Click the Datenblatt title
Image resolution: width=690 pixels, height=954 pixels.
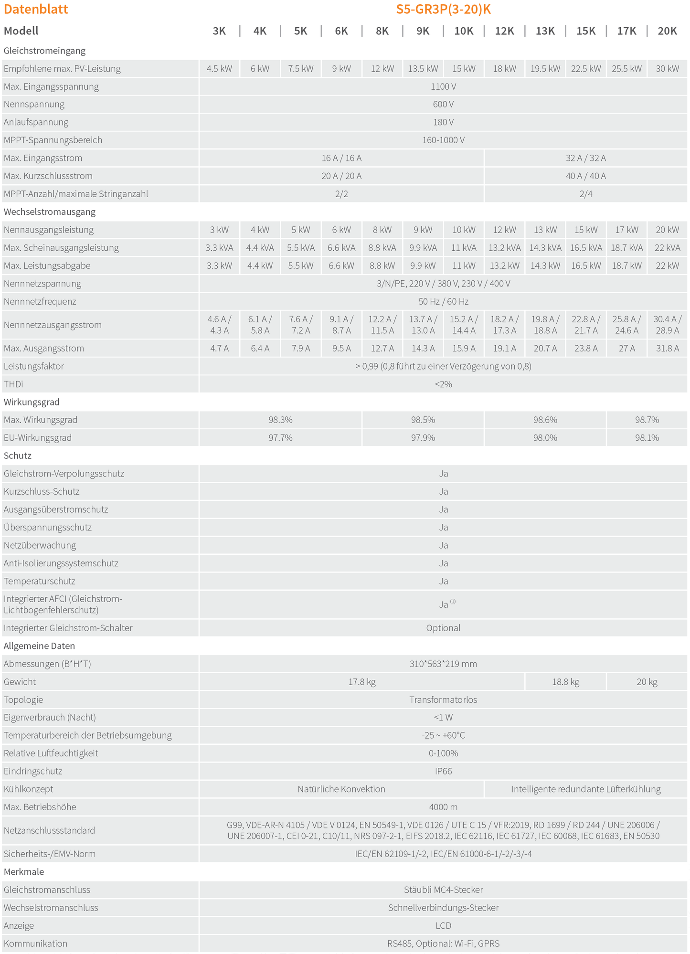[36, 10]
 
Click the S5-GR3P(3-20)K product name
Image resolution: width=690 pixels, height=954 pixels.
[443, 10]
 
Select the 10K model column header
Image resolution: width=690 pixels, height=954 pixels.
[464, 31]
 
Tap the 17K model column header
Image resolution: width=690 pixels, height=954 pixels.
[626, 31]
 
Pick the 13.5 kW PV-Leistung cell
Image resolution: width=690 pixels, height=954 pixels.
[423, 69]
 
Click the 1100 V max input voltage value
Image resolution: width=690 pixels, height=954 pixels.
[443, 86]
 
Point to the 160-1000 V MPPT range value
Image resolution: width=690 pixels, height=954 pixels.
[443, 140]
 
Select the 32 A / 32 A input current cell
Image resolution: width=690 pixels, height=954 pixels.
[585, 158]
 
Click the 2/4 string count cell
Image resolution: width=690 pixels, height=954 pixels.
[585, 194]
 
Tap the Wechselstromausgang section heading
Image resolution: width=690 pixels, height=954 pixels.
[50, 212]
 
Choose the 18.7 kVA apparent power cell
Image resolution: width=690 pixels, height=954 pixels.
[626, 248]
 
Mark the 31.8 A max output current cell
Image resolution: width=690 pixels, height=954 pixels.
[667, 349]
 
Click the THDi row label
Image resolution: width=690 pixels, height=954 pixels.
[13, 384]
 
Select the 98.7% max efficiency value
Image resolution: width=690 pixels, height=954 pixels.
[647, 420]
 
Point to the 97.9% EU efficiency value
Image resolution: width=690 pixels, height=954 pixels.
[423, 438]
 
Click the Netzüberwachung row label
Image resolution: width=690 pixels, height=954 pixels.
[40, 545]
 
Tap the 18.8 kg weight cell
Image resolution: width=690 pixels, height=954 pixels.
[565, 682]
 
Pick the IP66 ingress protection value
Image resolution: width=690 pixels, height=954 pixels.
[443, 771]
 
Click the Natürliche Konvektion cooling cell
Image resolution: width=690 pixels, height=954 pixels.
[341, 789]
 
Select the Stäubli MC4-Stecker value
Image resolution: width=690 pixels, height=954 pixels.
[443, 890]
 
